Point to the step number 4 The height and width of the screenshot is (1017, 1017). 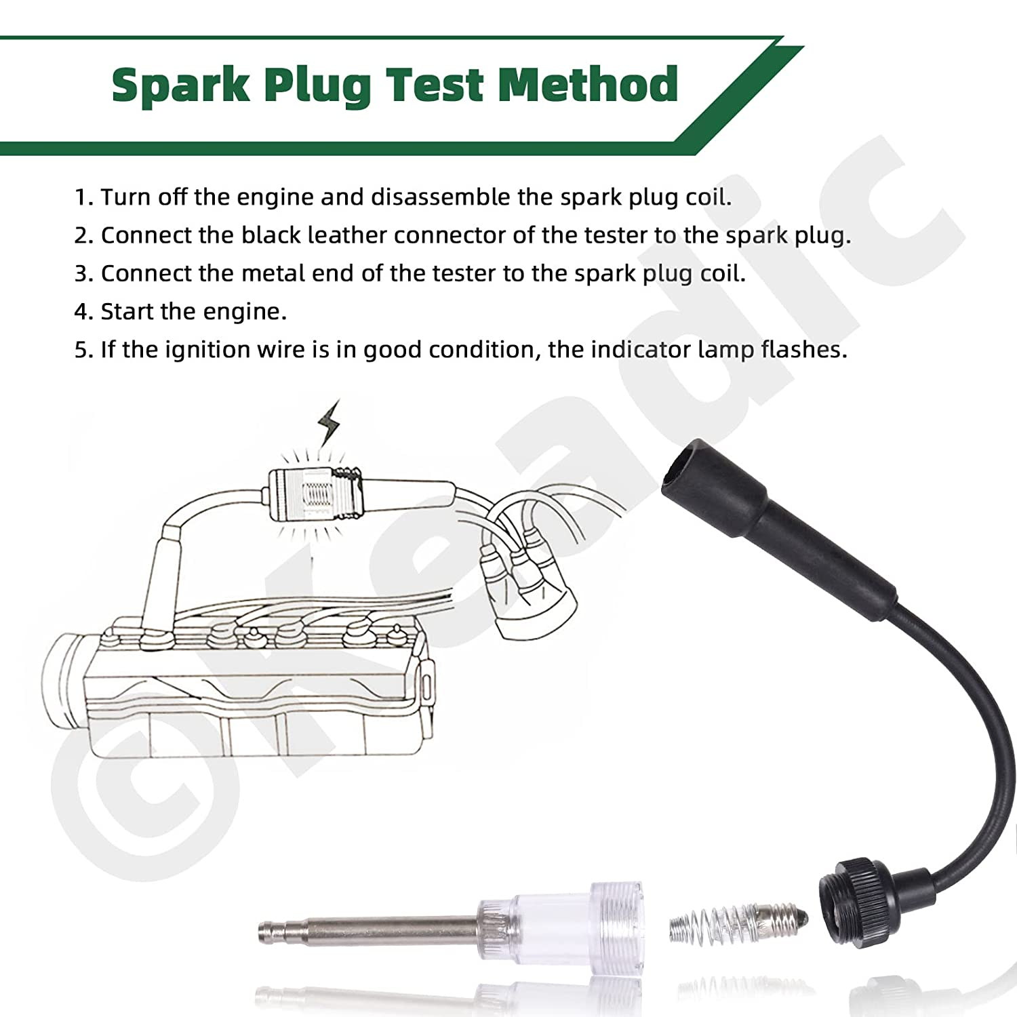[83, 312]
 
